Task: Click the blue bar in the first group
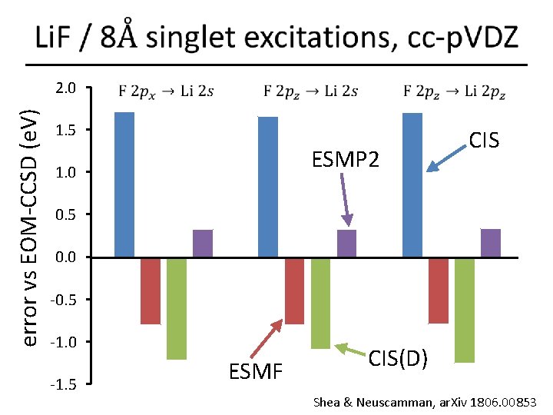pos(124,184)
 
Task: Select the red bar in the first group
pos(151,290)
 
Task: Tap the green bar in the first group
pos(177,308)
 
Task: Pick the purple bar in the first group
pos(203,243)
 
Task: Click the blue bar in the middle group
pos(268,186)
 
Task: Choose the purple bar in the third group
pos(490,243)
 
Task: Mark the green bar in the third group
pos(464,310)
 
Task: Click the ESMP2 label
pos(345,161)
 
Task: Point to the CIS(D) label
pos(398,358)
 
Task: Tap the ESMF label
pos(257,373)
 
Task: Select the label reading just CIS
pos(484,140)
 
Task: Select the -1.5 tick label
pos(65,384)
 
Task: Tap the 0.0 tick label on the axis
pos(68,257)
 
